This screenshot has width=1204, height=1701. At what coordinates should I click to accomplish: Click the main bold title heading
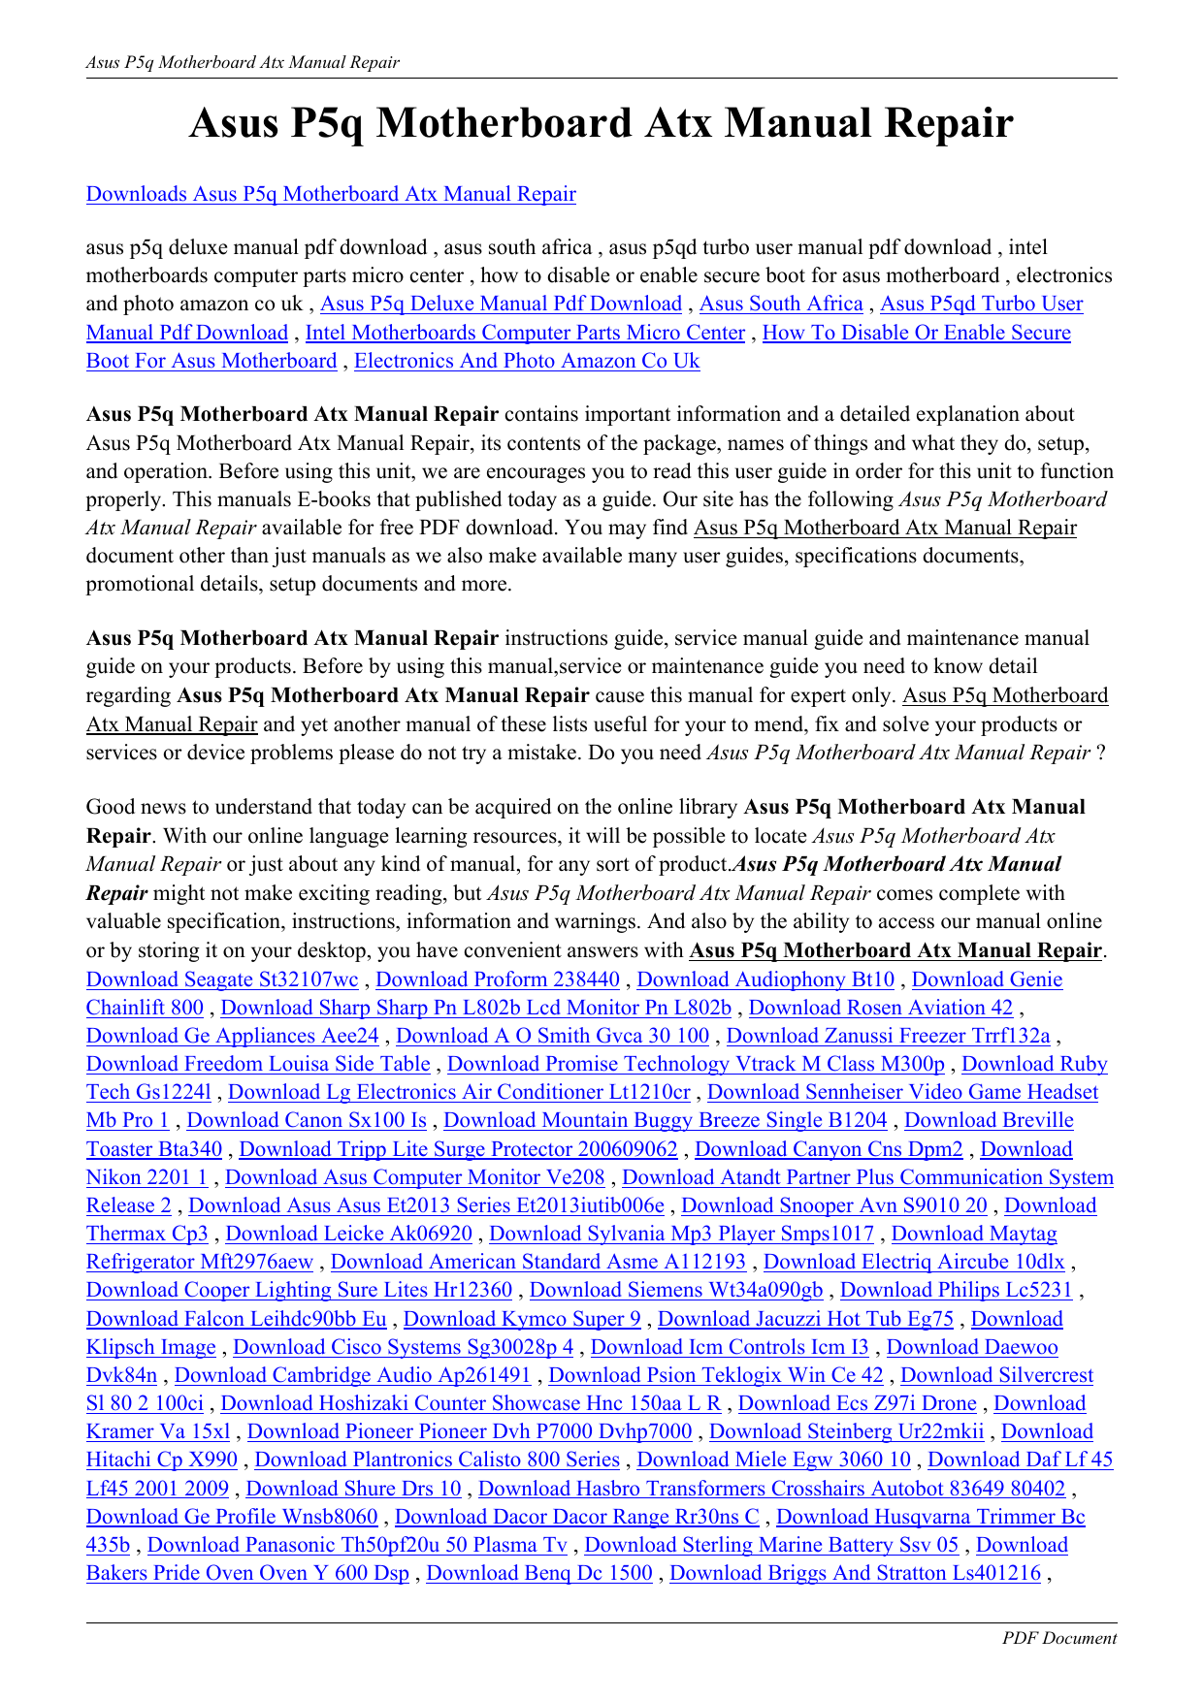click(x=602, y=124)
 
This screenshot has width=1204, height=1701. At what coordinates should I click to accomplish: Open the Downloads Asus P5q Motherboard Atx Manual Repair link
click(x=331, y=194)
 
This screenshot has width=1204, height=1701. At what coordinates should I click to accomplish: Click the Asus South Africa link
click(x=781, y=304)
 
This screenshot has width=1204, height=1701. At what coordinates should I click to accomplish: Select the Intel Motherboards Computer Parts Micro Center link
click(x=525, y=333)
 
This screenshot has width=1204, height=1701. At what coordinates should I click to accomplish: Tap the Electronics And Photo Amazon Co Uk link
click(x=527, y=361)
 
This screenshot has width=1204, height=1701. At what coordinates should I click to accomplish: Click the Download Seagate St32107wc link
click(x=222, y=979)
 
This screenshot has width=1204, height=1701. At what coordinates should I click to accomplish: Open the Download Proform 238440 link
click(x=498, y=979)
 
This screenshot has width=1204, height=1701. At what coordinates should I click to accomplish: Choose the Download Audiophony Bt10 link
click(x=765, y=979)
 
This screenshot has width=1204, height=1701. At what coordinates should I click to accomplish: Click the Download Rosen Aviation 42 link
click(x=880, y=1008)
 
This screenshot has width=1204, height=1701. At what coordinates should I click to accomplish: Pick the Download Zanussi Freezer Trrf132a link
click(x=888, y=1036)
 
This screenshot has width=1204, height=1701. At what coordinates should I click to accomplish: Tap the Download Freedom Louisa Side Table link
click(x=258, y=1064)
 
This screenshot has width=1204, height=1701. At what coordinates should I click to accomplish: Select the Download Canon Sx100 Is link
click(x=307, y=1120)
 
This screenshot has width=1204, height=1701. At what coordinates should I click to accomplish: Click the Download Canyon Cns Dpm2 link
click(x=829, y=1149)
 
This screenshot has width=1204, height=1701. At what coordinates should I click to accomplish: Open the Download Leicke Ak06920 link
click(x=348, y=1234)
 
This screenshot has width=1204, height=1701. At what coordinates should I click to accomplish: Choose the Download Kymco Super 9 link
click(x=522, y=1319)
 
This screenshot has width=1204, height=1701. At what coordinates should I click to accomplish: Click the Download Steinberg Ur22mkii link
click(x=846, y=1431)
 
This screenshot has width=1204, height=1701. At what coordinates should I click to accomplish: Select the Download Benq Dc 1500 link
click(x=539, y=1573)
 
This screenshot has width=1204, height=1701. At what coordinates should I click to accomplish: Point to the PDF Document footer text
click(x=1059, y=1638)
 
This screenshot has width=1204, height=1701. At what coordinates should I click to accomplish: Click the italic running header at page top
click(x=243, y=62)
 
